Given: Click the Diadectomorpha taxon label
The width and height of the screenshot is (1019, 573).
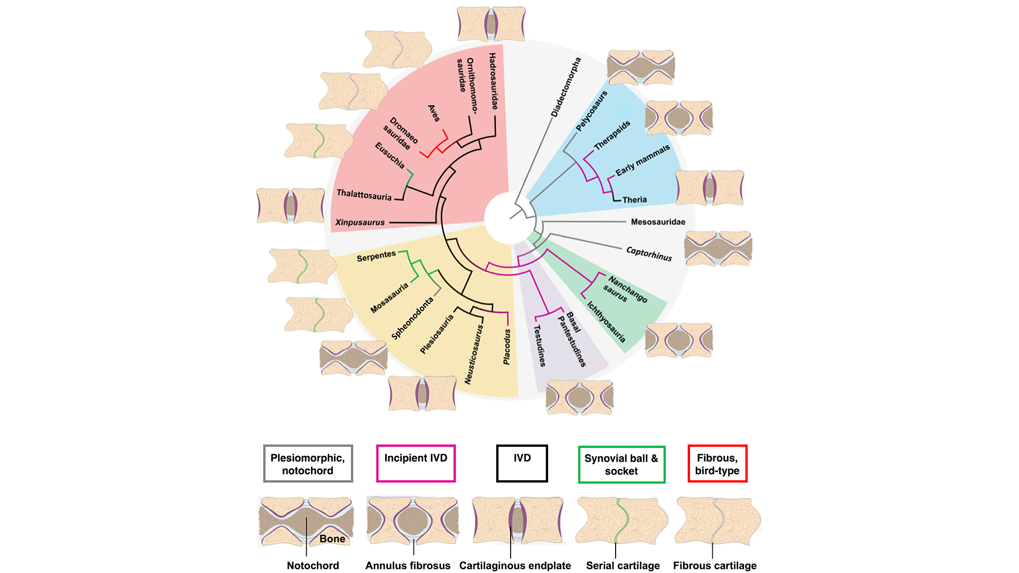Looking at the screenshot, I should tap(566, 87).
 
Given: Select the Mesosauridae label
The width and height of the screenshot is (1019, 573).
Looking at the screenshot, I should tap(658, 222).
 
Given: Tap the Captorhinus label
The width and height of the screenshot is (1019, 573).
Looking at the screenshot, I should tap(649, 254).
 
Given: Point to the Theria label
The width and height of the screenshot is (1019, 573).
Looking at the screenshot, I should tap(634, 200).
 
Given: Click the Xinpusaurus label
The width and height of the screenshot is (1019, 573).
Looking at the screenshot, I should tap(360, 222).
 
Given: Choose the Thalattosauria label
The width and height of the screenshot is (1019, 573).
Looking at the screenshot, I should tap(364, 195).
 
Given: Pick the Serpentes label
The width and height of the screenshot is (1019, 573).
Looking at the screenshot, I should tap(376, 256).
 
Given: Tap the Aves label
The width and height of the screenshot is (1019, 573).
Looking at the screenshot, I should tap(434, 113).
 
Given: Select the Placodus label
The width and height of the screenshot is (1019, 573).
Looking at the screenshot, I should tap(507, 346).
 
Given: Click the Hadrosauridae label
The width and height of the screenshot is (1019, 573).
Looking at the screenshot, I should tap(494, 81).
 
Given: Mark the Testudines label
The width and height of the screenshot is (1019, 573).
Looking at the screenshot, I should tap(539, 345).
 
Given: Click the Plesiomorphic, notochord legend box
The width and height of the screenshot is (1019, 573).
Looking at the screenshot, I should tap(308, 464).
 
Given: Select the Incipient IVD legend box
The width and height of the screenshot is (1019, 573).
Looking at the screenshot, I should tap(416, 463).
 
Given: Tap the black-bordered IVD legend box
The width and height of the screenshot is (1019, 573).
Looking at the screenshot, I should tap(522, 463).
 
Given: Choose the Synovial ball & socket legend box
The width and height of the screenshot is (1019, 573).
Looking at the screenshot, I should tap(621, 464).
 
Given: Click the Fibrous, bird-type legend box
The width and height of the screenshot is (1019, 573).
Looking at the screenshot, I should tap(717, 464).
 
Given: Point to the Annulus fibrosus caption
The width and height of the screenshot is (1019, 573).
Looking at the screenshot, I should tap(408, 566).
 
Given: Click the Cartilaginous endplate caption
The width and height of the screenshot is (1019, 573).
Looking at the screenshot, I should tap(515, 566).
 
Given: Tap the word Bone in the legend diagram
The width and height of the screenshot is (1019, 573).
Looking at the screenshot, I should tap(332, 539).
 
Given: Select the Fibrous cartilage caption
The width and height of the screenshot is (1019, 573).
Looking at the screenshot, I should tap(714, 566).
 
